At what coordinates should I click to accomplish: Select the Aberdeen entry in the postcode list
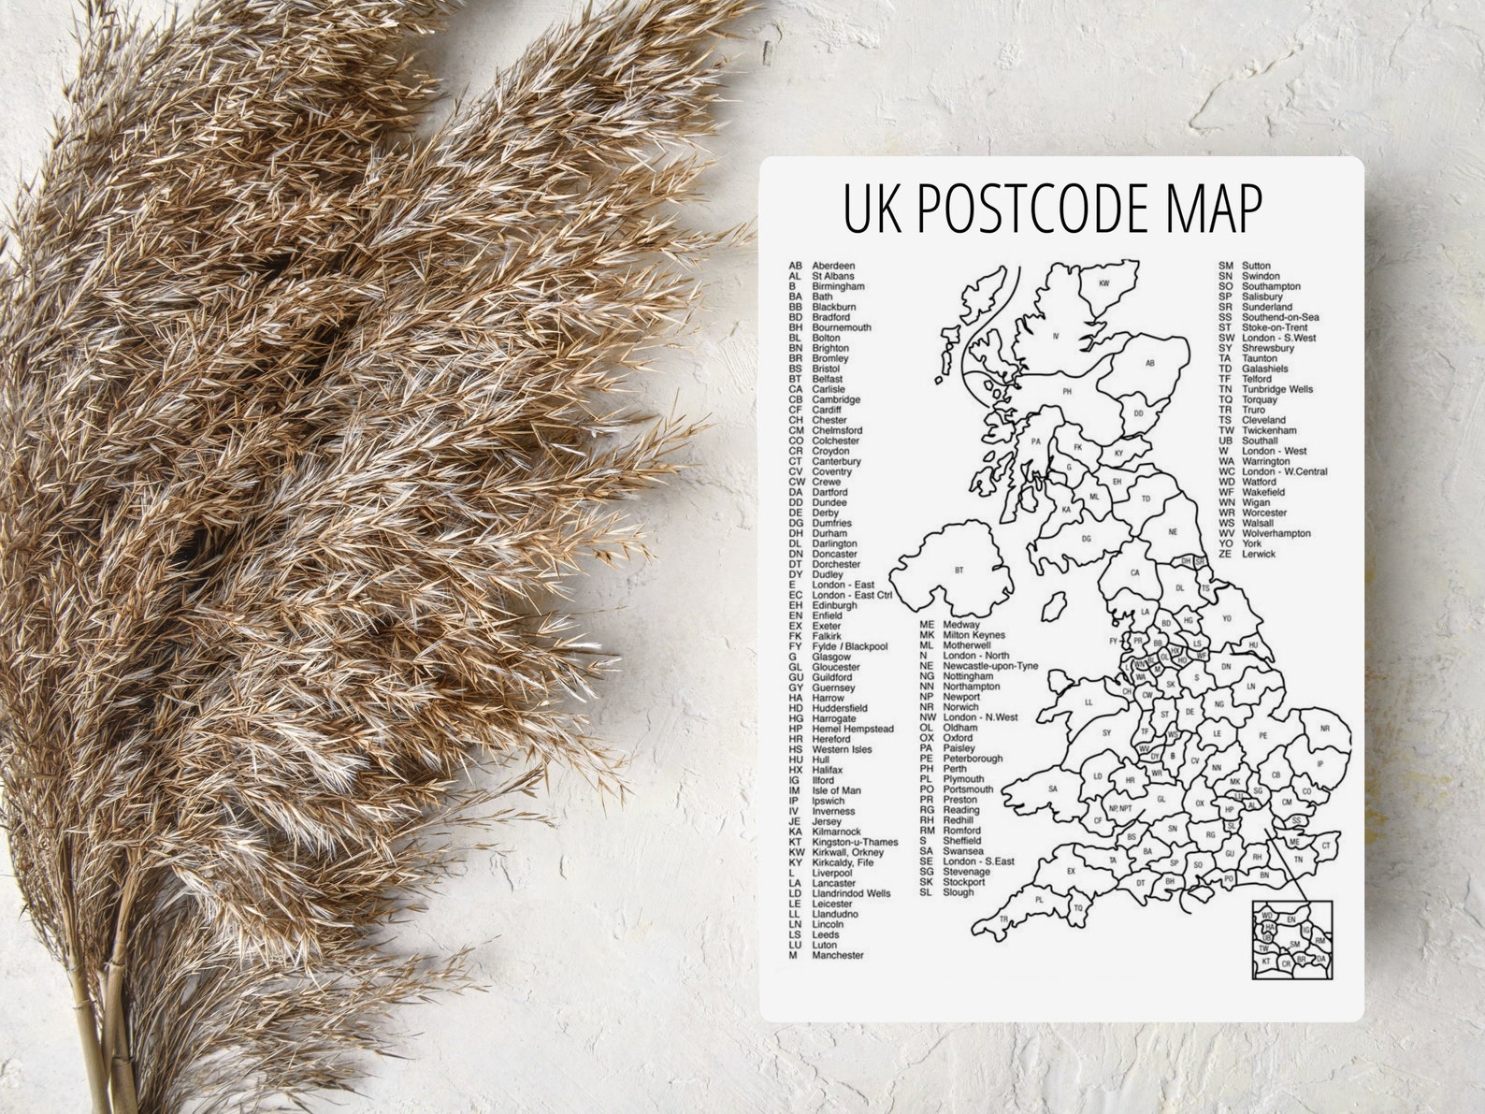822,266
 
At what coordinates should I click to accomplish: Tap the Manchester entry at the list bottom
827,955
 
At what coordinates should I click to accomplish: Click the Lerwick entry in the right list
1247,554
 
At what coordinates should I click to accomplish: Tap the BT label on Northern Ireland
959,570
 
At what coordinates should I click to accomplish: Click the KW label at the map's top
1103,282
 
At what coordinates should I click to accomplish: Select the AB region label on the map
1150,363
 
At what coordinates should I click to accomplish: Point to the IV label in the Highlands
1055,335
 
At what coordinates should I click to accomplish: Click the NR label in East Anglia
1324,728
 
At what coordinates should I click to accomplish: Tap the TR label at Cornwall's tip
1003,919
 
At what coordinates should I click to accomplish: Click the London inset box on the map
1292,940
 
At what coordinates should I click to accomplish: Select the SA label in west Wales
1052,788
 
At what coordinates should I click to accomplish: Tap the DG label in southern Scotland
1086,539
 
